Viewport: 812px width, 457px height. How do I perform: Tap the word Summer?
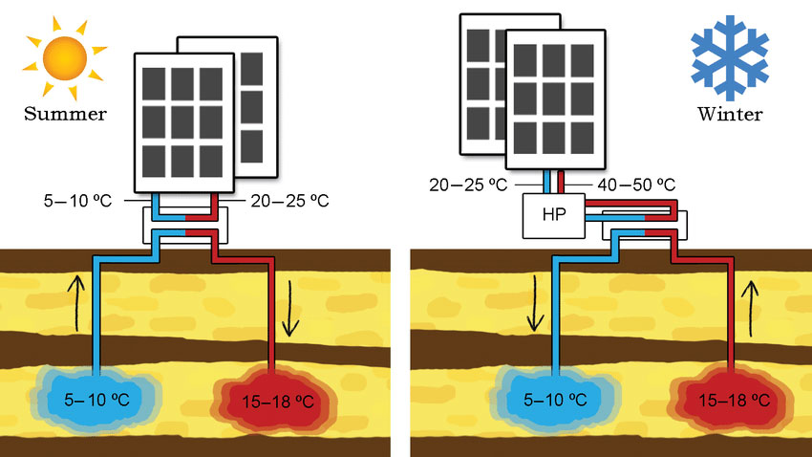tap(65, 115)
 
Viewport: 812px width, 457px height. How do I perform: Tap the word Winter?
tap(729, 116)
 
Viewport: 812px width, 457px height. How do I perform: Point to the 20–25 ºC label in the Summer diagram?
tap(288, 201)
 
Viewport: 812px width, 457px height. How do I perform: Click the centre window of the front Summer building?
tap(184, 120)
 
